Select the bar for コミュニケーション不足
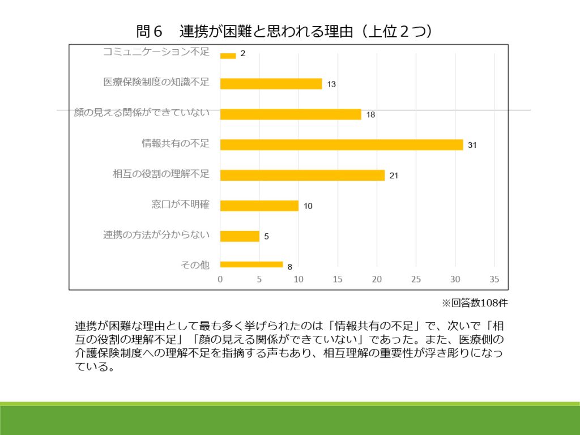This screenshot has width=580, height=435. pos(228,56)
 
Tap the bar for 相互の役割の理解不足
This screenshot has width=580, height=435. pos(302,175)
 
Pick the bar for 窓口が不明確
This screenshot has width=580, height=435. pos(259,206)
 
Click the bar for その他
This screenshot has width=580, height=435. pos(251,264)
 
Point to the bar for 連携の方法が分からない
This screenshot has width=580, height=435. pos(240,236)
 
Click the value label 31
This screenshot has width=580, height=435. pos(472,146)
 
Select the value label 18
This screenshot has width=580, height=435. pos(370,115)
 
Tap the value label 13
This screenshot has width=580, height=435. pos(331,84)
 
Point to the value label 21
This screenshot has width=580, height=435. pos(394,176)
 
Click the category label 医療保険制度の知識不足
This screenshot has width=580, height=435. pos(156,82)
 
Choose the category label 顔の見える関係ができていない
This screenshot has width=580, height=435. pos(142,113)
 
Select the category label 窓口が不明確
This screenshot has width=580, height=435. pos(180,204)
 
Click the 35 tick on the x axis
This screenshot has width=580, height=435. pos(494,279)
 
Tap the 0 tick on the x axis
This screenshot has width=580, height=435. pos(220,279)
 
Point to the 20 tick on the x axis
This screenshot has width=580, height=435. pos(377,279)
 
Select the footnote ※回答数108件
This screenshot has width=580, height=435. pos(475,302)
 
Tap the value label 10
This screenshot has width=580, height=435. pos(308,206)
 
